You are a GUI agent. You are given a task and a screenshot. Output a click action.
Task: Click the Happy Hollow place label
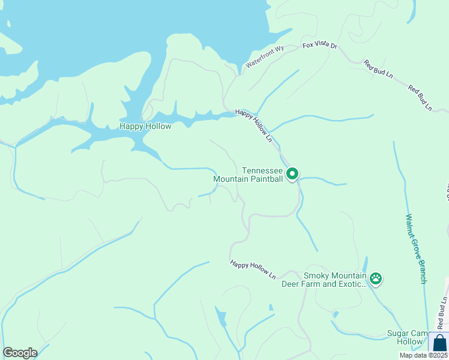pyautogui.click(x=145, y=126)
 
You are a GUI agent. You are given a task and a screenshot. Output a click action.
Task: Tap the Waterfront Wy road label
pyautogui.click(x=264, y=58)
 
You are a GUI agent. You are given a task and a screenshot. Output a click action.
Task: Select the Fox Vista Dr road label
pyautogui.click(x=320, y=46)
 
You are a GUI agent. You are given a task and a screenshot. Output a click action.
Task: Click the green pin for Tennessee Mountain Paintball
pyautogui.click(x=292, y=174)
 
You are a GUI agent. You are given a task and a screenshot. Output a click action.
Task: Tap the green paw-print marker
pyautogui.click(x=376, y=278)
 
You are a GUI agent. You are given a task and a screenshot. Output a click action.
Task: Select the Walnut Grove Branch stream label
pyautogui.click(x=415, y=248)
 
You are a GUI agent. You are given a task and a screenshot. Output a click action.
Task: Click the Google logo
pyautogui.click(x=20, y=353)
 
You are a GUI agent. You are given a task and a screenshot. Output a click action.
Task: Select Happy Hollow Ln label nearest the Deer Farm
pyautogui.click(x=253, y=269)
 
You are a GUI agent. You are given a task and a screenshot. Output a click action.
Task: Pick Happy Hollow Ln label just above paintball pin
pyautogui.click(x=254, y=125)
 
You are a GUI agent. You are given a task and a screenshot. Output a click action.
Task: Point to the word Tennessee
pyautogui.click(x=262, y=170)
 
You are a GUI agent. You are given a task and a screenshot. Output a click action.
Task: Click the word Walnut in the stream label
pyautogui.click(x=411, y=226)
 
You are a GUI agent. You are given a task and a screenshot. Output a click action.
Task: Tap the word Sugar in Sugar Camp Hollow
pyautogui.click(x=395, y=333)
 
